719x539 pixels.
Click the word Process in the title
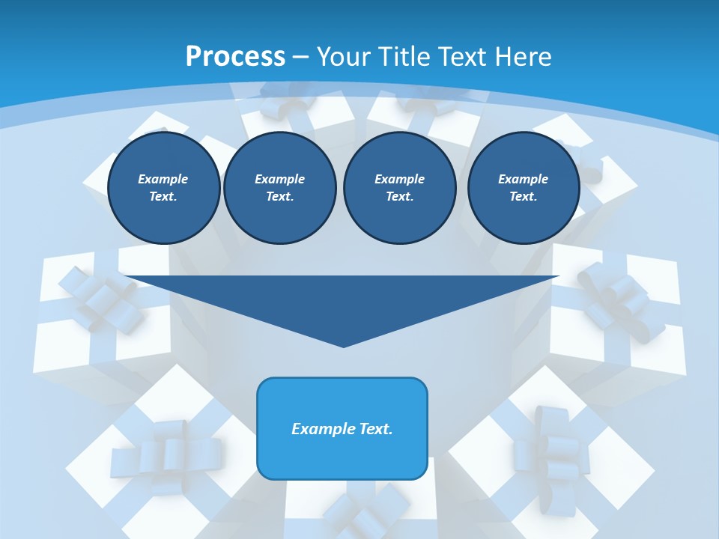click(235, 57)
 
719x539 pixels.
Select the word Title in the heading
click(405, 57)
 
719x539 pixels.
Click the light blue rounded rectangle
click(342, 457)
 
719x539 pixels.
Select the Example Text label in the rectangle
click(342, 429)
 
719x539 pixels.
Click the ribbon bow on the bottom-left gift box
click(166, 451)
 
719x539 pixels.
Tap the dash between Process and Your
click(300, 57)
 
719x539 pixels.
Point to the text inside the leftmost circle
click(163, 187)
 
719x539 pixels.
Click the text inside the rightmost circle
click(523, 187)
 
